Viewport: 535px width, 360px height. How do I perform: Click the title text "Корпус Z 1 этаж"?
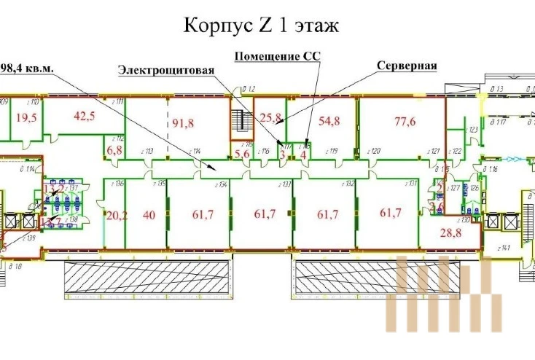pos(260,27)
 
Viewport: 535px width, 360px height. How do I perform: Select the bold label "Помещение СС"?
pos(277,55)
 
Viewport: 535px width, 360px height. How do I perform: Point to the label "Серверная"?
pos(407,66)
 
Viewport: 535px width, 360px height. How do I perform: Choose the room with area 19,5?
pos(27,119)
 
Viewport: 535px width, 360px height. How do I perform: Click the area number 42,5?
pos(86,115)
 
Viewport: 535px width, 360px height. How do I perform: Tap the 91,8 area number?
pos(183,122)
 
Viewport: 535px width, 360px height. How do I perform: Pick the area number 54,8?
pos(329,122)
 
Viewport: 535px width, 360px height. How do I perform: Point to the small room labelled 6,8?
pos(114,151)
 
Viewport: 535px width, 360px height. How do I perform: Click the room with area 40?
pos(149,214)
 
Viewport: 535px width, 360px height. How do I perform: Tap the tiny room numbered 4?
pos(302,153)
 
